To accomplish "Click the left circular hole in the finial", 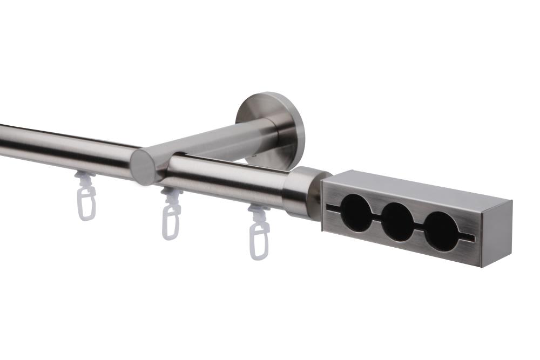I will (354, 213).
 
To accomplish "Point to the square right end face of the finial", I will (497, 233).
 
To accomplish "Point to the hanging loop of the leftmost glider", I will (86, 205).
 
